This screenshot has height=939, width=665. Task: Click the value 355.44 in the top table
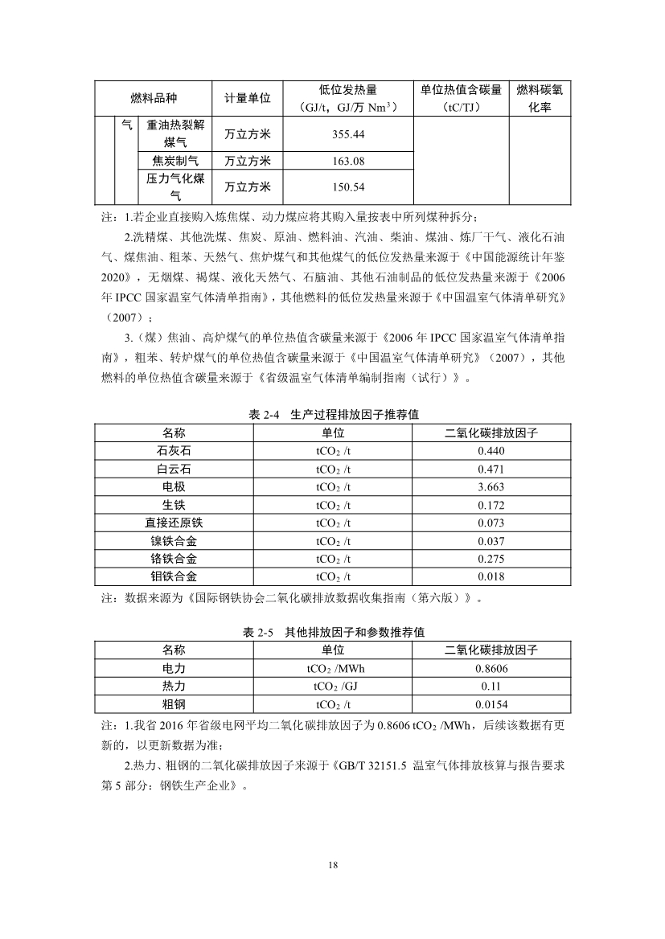click(348, 133)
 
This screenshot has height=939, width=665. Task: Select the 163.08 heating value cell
click(348, 161)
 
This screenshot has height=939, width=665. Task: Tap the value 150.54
click(348, 187)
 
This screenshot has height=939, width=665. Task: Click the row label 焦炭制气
click(175, 161)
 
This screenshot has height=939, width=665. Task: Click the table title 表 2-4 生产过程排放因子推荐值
click(334, 414)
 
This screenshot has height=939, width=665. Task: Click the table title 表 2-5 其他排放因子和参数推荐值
click(334, 633)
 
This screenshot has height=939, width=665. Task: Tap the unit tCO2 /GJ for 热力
click(333, 687)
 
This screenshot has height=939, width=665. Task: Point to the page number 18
click(333, 865)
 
